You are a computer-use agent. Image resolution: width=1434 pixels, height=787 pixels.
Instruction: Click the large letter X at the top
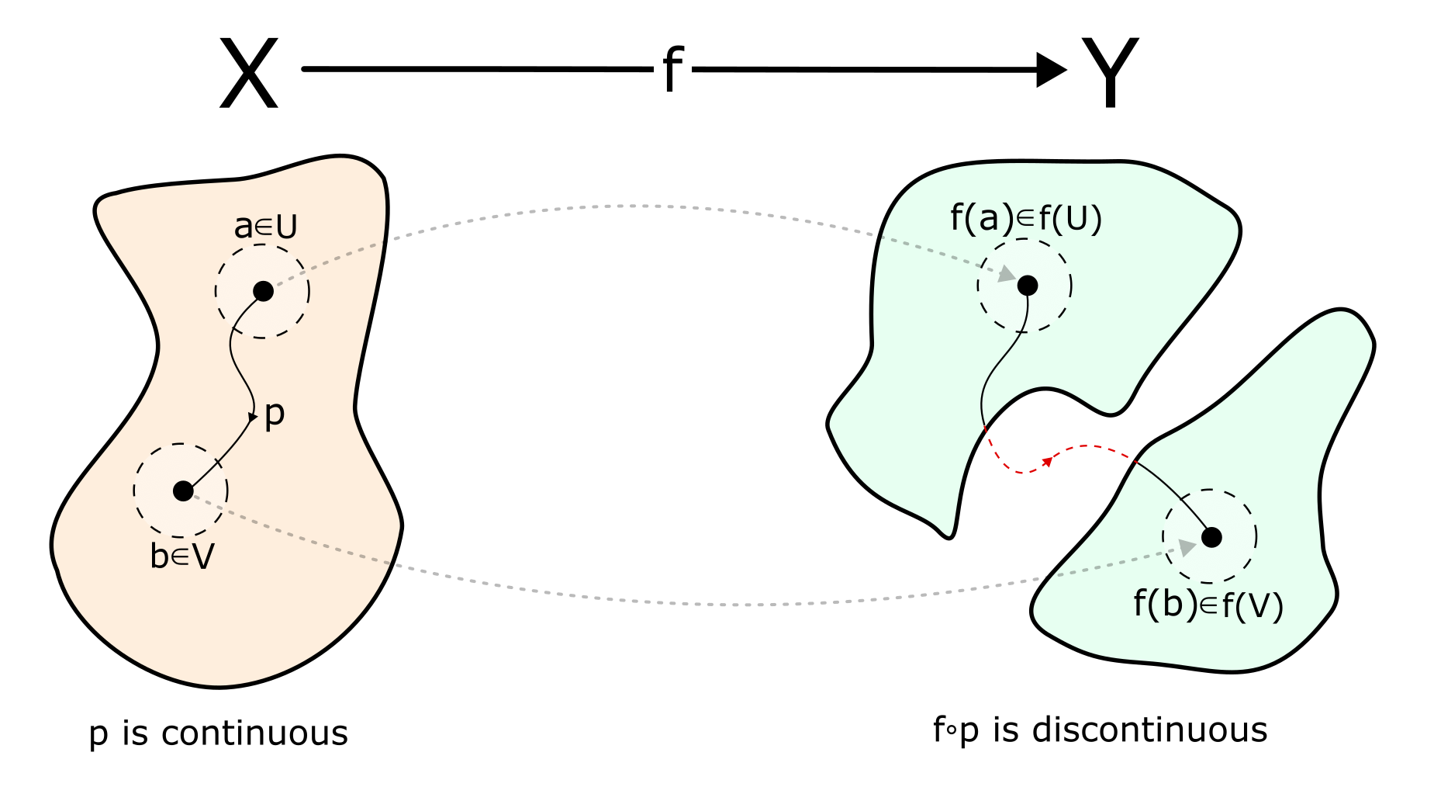[x=248, y=75]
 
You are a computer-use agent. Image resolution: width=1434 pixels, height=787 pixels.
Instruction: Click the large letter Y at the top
[x=1110, y=73]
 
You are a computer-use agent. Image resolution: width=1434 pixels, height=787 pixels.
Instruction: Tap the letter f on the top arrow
[x=672, y=70]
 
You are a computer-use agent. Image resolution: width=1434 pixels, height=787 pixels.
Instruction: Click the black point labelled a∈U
[x=263, y=292]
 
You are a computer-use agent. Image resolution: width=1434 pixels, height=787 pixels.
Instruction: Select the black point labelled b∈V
[x=183, y=491]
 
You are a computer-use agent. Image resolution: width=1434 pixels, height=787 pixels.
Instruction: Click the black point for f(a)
[x=1027, y=286]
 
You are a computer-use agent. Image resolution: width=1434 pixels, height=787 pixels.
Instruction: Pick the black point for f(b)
[x=1211, y=536]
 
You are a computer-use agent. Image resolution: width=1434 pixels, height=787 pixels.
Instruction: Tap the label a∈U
[x=265, y=227]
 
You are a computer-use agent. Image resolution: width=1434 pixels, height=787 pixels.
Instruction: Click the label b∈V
[x=182, y=556]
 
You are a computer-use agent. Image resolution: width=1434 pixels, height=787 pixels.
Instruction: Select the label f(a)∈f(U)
[x=1025, y=219]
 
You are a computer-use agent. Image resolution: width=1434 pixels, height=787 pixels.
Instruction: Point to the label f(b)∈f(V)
[x=1208, y=605]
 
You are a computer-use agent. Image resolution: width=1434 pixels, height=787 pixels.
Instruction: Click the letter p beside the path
[x=275, y=414]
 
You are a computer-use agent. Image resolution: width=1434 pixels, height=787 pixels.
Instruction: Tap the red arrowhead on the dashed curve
[x=1046, y=462]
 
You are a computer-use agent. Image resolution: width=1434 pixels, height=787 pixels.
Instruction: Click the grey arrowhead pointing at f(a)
[x=1007, y=274]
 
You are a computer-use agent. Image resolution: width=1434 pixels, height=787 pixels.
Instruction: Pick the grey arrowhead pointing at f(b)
[x=1187, y=547]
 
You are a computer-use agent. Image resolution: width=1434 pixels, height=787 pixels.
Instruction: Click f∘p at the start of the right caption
[x=955, y=730]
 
